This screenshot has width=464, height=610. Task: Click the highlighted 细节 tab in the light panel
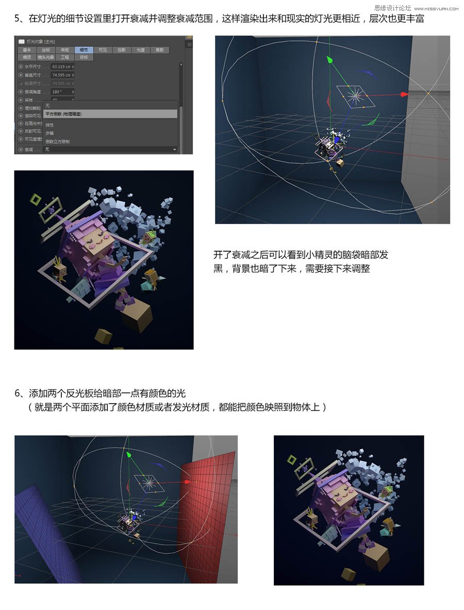[84, 50]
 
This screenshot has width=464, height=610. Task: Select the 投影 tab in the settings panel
[121, 50]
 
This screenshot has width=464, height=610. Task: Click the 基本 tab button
[26, 50]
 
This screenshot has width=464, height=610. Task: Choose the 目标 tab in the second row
[84, 57]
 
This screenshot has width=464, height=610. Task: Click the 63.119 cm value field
[62, 67]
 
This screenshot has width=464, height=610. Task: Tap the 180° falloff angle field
[62, 92]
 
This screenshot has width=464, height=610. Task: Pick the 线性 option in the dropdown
[49, 125]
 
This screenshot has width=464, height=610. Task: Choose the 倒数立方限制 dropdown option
[57, 141]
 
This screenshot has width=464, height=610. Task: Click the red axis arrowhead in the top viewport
[404, 94]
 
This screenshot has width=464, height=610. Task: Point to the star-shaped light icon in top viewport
[355, 96]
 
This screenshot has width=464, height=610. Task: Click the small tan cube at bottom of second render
[349, 573]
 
